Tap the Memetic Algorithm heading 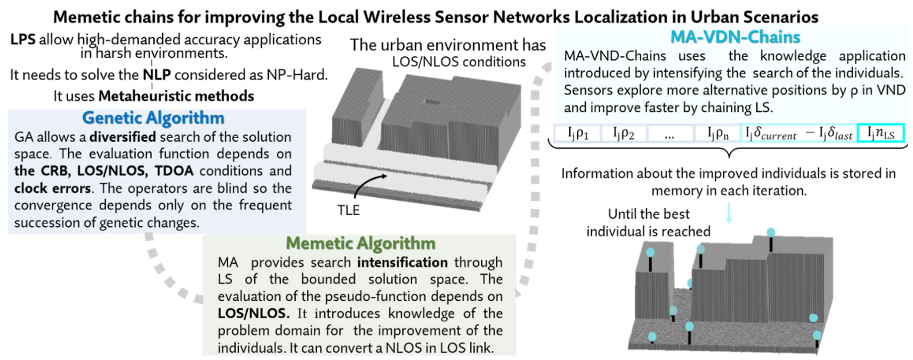tap(360, 243)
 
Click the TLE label tap(348, 210)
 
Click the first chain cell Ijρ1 tap(578, 134)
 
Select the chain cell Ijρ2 tap(623, 134)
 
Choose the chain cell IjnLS tap(880, 134)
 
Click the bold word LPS tap(23, 39)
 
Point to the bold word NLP tap(157, 75)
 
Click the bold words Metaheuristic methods tap(176, 96)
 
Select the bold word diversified tap(123, 137)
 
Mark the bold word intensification tap(402, 262)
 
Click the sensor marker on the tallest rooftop tap(771, 233)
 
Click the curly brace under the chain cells tap(729, 151)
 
